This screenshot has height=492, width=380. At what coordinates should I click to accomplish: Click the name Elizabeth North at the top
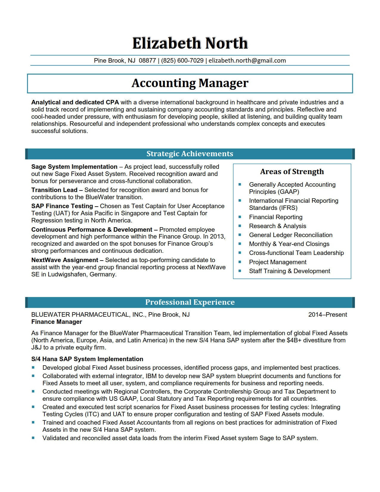click(x=190, y=43)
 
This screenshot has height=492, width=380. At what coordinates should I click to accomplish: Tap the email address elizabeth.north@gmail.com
click(x=247, y=61)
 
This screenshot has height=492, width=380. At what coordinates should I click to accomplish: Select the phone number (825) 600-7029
click(x=182, y=61)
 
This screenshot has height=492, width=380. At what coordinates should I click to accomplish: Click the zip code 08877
click(x=147, y=61)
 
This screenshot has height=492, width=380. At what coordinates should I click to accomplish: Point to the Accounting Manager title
click(x=190, y=83)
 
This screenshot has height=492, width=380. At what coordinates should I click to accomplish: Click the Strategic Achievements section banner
click(x=190, y=154)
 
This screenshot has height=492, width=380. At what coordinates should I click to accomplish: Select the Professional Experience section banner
click(x=190, y=302)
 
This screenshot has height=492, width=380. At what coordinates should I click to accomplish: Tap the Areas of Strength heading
click(x=292, y=171)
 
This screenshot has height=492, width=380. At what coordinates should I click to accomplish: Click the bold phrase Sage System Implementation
click(x=74, y=167)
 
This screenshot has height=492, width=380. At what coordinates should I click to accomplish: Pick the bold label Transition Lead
click(x=54, y=190)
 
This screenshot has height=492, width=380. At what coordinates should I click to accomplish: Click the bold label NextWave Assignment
click(x=65, y=260)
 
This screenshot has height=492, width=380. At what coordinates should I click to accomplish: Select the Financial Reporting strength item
click(x=275, y=217)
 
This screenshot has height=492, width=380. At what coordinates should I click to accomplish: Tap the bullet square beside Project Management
click(x=240, y=262)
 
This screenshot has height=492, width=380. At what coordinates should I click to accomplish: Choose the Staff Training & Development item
click(x=289, y=271)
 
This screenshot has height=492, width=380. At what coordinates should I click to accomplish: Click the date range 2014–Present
click(x=328, y=315)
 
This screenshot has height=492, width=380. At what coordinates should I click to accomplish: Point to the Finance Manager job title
click(x=57, y=322)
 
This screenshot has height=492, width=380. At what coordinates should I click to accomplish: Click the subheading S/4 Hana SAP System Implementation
click(x=87, y=359)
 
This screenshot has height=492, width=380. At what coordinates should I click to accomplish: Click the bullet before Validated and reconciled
click(x=33, y=438)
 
